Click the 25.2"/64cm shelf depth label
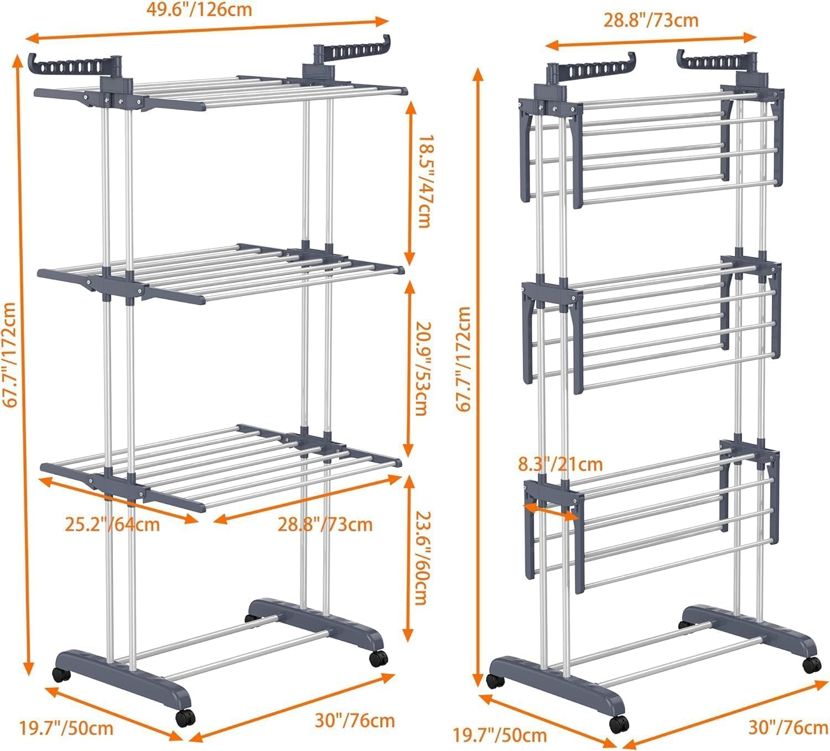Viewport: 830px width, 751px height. pyautogui.click(x=112, y=524)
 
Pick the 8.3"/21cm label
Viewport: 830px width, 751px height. pyautogui.click(x=560, y=463)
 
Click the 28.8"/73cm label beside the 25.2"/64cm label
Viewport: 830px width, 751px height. pyautogui.click(x=325, y=524)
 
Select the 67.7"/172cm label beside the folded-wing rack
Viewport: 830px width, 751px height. pyautogui.click(x=464, y=360)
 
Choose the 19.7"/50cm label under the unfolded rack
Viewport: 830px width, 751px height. pyautogui.click(x=67, y=727)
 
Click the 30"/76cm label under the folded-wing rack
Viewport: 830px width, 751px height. pyautogui.click(x=788, y=727)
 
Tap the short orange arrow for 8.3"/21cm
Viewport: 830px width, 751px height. pyautogui.click(x=551, y=511)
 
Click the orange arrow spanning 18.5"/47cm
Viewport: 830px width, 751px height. pyautogui.click(x=409, y=182)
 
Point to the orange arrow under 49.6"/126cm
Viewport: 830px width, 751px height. pyautogui.click(x=208, y=30)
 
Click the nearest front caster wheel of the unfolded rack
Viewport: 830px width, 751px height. pyautogui.click(x=185, y=717)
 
